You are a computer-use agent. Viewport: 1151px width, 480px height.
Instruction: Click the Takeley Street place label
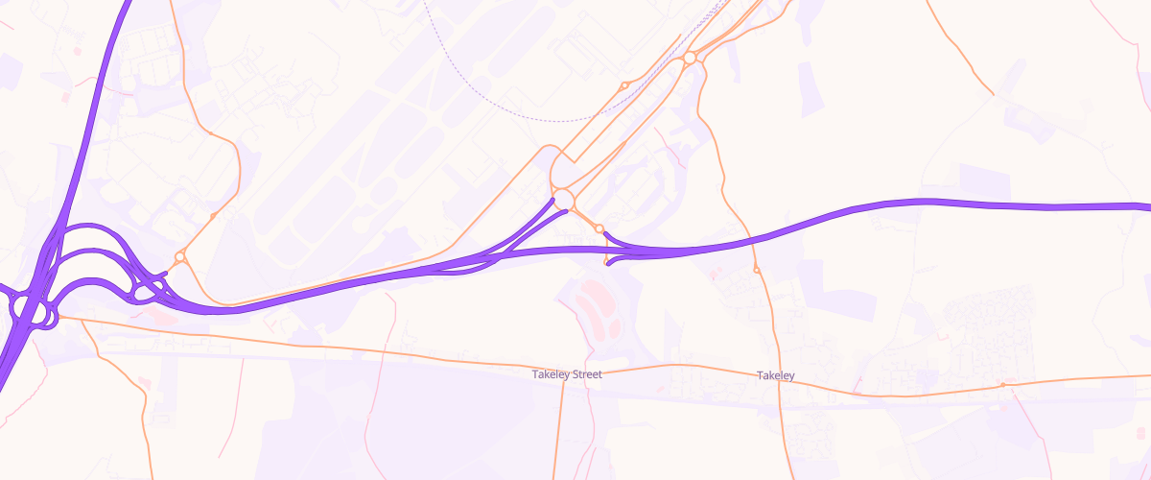(x=567, y=374)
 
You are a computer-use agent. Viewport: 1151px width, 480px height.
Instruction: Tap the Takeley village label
(x=775, y=374)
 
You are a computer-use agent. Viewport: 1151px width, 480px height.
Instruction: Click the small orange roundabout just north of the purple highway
(x=599, y=228)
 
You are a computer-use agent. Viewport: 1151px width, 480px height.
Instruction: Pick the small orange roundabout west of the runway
(x=179, y=257)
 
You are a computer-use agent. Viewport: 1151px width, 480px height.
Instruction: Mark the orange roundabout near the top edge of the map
(x=690, y=59)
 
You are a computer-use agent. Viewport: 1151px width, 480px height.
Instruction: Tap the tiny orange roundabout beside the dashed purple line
(x=624, y=85)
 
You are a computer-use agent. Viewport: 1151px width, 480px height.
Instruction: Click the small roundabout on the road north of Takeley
(x=757, y=270)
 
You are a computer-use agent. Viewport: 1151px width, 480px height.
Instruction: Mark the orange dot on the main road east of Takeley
(x=1003, y=385)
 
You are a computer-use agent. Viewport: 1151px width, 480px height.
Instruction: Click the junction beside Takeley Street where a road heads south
(x=562, y=370)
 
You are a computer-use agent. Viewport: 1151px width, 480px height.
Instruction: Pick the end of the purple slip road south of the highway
(x=608, y=264)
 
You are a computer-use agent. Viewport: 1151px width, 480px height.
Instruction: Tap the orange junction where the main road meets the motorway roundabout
(x=59, y=316)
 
